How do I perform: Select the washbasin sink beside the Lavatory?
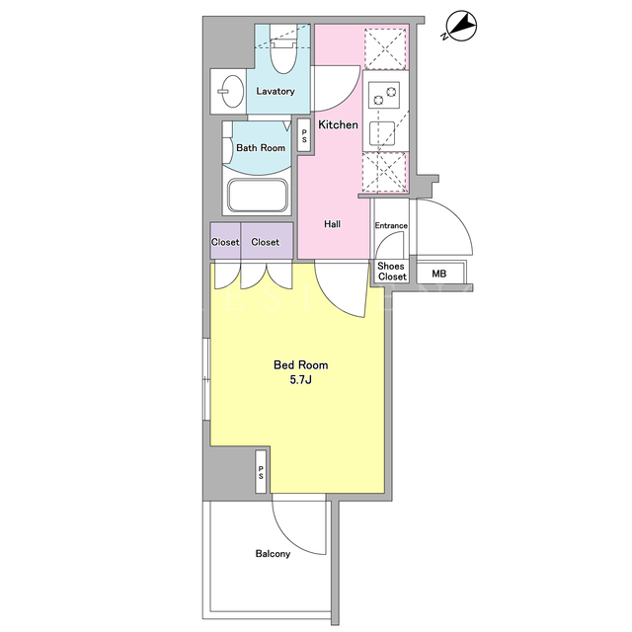click(233, 92)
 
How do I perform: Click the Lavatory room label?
click(276, 91)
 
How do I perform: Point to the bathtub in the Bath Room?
click(258, 196)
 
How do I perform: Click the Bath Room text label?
click(261, 148)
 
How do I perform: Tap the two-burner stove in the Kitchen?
click(384, 95)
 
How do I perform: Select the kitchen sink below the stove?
click(382, 133)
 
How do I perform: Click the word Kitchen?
click(338, 124)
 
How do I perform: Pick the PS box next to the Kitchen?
click(304, 135)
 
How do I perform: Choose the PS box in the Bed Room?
click(261, 471)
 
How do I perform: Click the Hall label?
click(332, 224)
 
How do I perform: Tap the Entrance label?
click(391, 226)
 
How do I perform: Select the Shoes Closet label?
click(392, 272)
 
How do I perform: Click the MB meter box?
click(440, 274)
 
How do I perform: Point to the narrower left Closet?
click(225, 241)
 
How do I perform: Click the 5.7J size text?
click(300, 380)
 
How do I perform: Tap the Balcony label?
click(273, 554)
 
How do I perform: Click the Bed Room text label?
click(300, 365)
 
